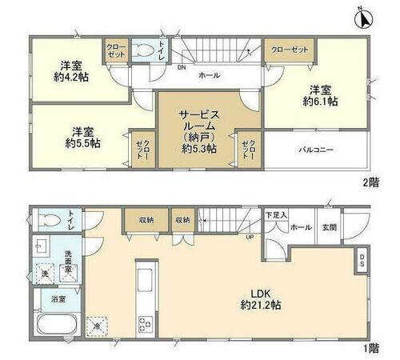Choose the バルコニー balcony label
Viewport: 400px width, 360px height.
[x=316, y=150]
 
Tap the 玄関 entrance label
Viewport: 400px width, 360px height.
[x=330, y=226]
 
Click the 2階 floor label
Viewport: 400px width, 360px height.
[x=369, y=182]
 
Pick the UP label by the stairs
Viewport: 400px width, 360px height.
[x=250, y=238]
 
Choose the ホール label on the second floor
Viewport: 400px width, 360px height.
[x=209, y=74]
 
